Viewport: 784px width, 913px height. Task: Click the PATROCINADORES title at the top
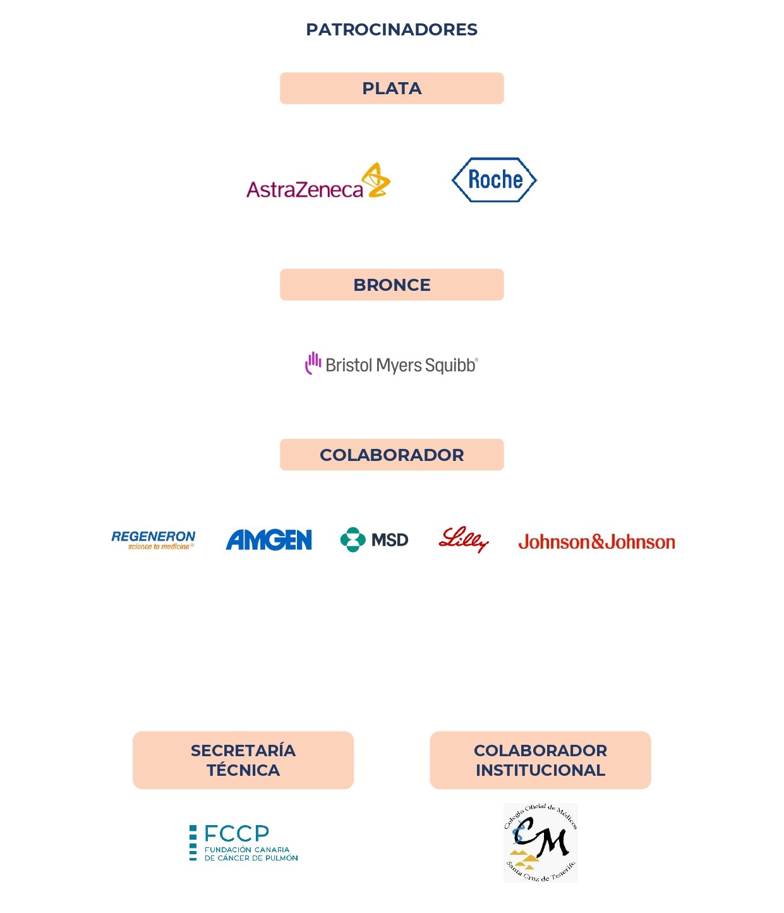[x=392, y=30]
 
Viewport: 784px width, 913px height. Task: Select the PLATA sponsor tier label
[x=392, y=89]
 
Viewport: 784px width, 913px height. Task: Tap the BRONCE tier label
[x=392, y=285]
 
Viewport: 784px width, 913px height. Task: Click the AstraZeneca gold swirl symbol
[x=376, y=180]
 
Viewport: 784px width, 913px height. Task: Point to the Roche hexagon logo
[x=494, y=180]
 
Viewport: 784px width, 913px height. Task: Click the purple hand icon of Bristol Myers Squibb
[x=313, y=363]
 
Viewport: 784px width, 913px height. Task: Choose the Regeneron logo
[x=153, y=540]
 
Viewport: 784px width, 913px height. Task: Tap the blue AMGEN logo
[x=269, y=539]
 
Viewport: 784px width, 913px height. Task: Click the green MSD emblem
[x=353, y=539]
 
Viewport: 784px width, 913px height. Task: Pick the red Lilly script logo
[x=464, y=539]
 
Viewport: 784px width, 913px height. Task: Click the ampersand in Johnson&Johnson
[x=597, y=542]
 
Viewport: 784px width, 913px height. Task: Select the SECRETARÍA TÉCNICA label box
[x=243, y=760]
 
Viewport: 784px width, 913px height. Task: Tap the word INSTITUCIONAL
[x=540, y=770]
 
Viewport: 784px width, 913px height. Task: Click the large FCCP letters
[x=237, y=833]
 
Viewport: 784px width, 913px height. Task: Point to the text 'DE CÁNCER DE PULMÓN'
[x=251, y=858]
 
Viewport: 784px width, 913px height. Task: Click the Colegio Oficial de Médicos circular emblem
[x=540, y=843]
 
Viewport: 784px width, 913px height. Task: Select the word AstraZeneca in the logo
[x=305, y=190]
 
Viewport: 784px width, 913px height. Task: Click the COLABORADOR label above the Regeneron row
[x=392, y=455]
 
